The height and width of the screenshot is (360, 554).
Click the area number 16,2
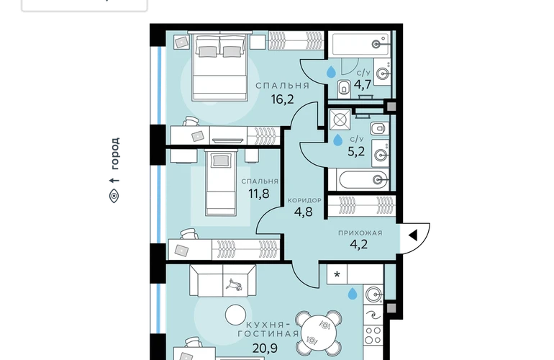coord(282,99)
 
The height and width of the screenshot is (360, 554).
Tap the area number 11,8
coord(259,194)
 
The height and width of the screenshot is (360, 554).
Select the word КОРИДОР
coord(304,200)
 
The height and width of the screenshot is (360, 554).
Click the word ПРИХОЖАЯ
coord(360,233)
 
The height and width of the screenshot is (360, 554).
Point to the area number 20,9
coord(265,348)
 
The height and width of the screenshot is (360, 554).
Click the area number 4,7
coord(363,85)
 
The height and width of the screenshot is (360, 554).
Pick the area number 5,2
coord(356,152)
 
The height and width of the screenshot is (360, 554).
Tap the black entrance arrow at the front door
coord(413,235)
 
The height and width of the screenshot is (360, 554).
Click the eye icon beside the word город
coord(114,196)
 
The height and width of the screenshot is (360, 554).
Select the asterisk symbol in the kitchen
coord(337,274)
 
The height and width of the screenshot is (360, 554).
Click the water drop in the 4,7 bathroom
coord(331,72)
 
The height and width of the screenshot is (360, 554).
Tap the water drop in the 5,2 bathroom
coord(338,140)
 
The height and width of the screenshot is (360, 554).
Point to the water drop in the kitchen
coord(353,294)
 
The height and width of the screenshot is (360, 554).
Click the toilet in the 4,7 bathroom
coord(344,89)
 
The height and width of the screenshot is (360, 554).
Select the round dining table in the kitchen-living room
coord(319,333)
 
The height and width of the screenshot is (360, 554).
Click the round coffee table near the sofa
coord(236,315)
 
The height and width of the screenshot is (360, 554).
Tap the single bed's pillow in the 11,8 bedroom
coord(220,161)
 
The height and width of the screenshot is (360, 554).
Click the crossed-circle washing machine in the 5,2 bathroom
coord(340,120)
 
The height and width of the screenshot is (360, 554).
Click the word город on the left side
coord(114,153)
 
